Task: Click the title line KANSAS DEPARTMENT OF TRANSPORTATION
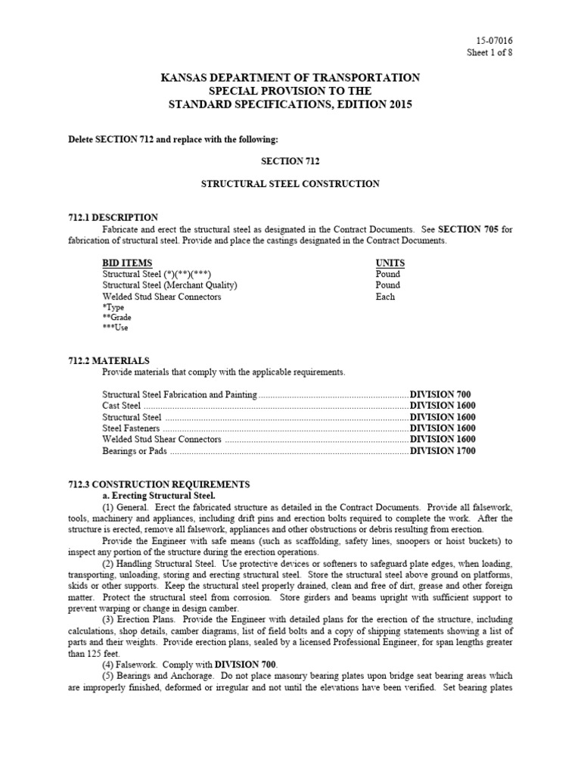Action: click(290, 78)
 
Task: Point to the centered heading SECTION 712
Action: click(290, 162)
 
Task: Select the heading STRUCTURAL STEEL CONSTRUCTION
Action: click(290, 184)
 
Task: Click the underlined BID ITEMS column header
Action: click(127, 263)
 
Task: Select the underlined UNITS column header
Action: click(390, 263)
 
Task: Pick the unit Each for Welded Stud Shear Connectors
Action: click(385, 297)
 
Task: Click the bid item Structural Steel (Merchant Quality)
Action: click(170, 285)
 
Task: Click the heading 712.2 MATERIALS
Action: click(107, 361)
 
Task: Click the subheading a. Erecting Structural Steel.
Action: click(159, 495)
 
